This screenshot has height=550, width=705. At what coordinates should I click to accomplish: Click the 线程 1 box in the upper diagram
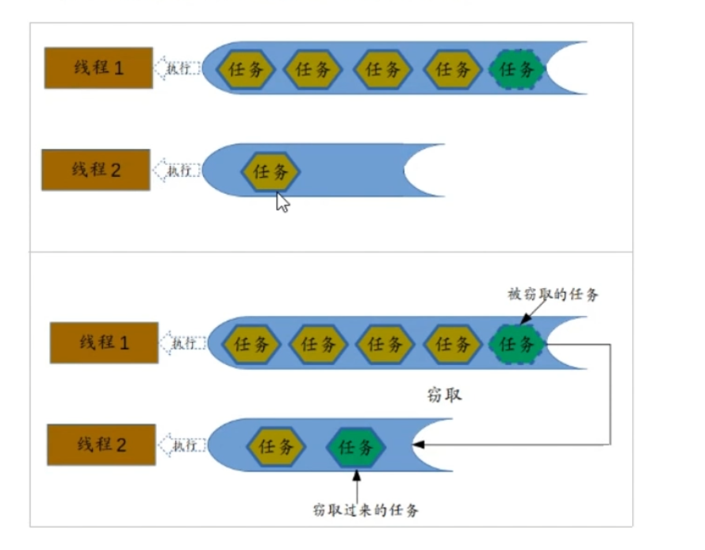point(98,67)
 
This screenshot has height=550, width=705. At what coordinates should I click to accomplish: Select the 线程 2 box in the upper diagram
point(96,170)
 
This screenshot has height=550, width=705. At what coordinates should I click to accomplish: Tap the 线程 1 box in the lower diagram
point(104,343)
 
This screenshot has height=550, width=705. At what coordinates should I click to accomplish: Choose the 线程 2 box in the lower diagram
point(101,445)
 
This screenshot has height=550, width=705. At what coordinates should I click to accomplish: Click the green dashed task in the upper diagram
point(518,69)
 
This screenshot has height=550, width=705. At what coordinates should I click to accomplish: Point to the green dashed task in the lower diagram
point(518,344)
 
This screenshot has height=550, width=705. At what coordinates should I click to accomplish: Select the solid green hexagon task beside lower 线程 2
point(356,448)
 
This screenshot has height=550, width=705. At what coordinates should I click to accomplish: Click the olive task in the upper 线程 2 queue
point(271,171)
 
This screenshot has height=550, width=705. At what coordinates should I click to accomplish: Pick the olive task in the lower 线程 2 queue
point(276,446)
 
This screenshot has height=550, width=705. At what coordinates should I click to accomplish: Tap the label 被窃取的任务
point(553,294)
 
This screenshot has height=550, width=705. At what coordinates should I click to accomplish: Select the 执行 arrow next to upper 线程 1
point(176,68)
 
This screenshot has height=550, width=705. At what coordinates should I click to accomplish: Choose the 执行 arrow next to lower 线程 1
point(182,343)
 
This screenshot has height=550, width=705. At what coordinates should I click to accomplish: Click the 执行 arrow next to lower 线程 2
point(181,445)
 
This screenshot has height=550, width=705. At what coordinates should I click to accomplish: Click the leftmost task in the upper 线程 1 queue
point(246,69)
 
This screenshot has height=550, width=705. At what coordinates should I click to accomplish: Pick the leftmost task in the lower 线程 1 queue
point(251,344)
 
